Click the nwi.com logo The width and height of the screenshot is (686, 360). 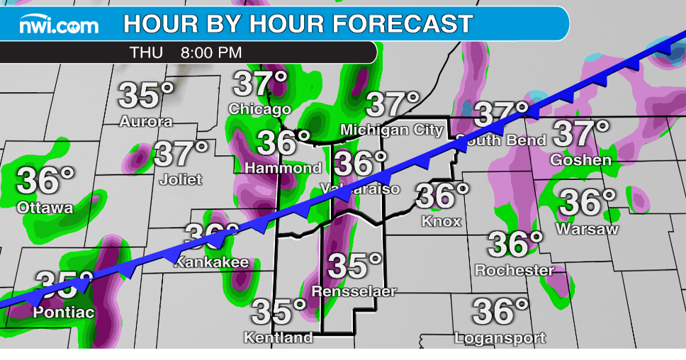(59, 26)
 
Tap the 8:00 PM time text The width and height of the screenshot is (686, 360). (211, 52)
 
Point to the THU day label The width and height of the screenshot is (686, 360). (147, 52)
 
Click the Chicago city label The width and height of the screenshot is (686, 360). (259, 109)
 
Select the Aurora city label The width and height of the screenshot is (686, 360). (146, 121)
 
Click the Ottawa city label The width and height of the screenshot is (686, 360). (45, 208)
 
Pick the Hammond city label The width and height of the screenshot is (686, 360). (283, 169)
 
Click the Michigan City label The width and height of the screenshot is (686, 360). (392, 130)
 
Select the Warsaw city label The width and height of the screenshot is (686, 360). (587, 229)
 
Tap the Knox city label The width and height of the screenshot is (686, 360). (441, 221)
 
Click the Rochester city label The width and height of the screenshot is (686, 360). (514, 270)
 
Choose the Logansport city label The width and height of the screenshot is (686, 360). (500, 337)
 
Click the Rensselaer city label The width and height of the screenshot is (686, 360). (354, 291)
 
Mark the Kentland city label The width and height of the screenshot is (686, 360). (279, 337)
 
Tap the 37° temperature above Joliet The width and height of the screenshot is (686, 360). (181, 153)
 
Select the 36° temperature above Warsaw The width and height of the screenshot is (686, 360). (587, 203)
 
